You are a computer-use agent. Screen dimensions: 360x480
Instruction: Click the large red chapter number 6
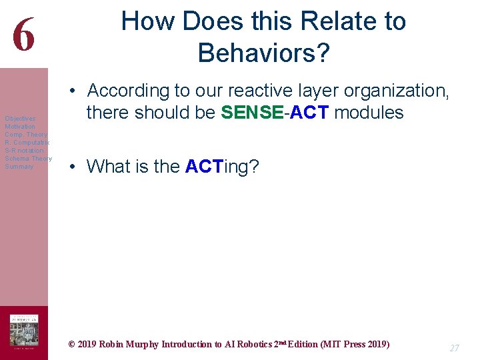coord(23,35)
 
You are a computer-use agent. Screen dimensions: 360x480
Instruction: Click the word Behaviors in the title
coord(263,52)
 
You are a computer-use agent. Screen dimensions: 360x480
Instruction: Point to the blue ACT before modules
coord(309,112)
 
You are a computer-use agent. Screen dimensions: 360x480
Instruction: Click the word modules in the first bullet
coord(369,112)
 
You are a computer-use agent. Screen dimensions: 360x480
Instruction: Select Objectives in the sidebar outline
coord(20,119)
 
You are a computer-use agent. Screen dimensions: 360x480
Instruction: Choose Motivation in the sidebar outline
coord(20,127)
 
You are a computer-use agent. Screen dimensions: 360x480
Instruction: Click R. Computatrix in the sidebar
coord(27,143)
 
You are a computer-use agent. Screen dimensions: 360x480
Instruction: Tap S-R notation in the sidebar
coord(23,151)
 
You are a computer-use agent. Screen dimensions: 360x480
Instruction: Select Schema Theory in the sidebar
coord(28,159)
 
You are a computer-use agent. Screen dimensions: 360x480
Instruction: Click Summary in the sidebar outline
coord(19,167)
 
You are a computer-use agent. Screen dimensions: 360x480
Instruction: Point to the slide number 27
coord(454,348)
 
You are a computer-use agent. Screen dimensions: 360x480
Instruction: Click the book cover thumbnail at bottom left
coord(23,331)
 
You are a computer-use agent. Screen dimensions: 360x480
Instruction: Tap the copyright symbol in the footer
coord(72,345)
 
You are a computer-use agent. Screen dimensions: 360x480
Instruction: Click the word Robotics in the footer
coord(251,345)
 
